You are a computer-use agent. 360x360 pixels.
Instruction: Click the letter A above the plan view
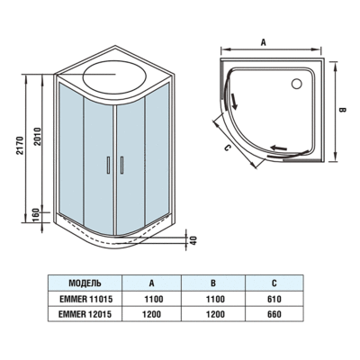point(265,41)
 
